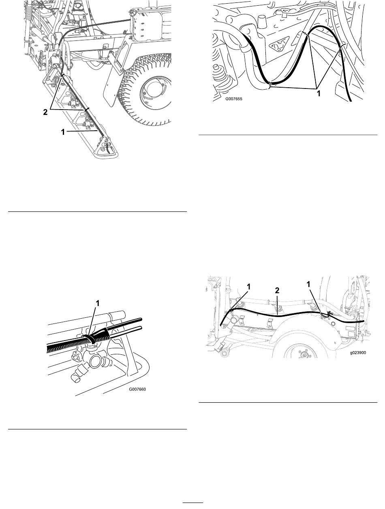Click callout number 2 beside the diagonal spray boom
45,112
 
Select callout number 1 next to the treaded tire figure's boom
63,132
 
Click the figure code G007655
234,99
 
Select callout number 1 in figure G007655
319,93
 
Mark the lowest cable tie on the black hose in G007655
270,84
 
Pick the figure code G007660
137,389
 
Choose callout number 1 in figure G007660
98,303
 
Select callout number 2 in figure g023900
277,290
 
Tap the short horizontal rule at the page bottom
193,503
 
